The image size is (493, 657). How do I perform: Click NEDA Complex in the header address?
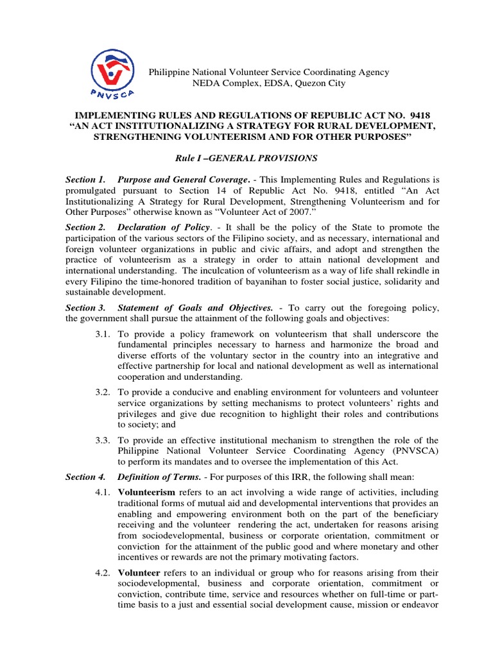pyautogui.click(x=221, y=83)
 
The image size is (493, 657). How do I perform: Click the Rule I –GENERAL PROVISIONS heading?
pyautogui.click(x=246, y=158)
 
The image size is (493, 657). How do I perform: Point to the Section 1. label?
pyautogui.click(x=87, y=181)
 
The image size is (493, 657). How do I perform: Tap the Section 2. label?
pyautogui.click(x=87, y=228)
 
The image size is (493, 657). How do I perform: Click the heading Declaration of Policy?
pyautogui.click(x=164, y=228)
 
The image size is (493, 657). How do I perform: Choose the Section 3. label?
pyautogui.click(x=87, y=309)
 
